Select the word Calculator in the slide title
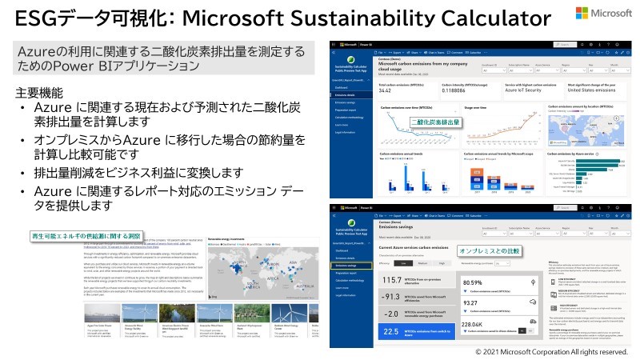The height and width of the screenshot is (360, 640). click(484, 18)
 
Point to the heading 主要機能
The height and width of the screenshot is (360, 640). click(39, 92)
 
